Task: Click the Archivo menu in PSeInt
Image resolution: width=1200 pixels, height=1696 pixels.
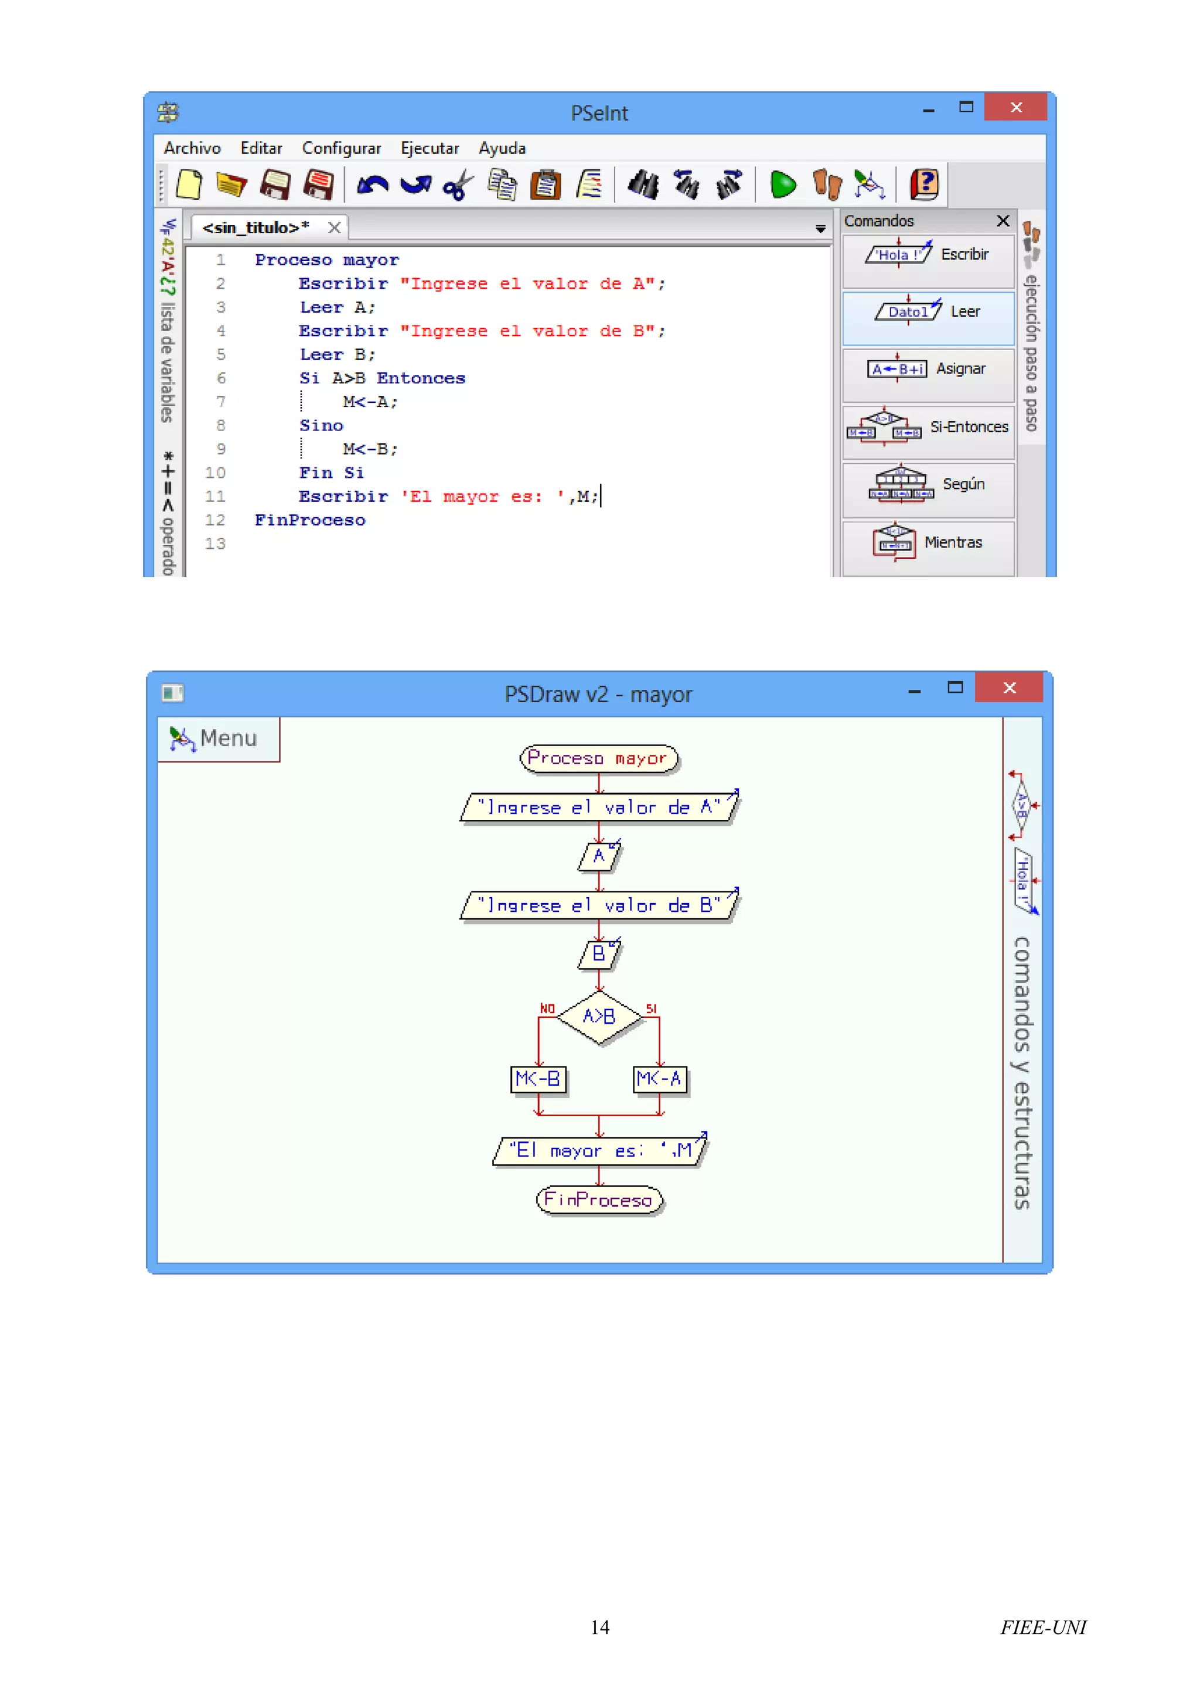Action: tap(192, 149)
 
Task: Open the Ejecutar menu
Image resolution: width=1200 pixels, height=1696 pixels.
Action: tap(429, 149)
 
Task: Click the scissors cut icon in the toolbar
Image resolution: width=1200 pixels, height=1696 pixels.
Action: tap(458, 184)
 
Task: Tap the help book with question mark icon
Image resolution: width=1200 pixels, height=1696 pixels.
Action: tap(923, 184)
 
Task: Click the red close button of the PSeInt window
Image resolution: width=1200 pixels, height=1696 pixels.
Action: tap(1015, 108)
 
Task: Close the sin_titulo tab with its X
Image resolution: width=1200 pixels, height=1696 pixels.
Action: tap(335, 227)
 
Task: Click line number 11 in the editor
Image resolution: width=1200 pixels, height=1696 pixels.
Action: tap(215, 497)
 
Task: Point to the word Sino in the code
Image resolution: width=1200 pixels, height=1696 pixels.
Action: tap(321, 426)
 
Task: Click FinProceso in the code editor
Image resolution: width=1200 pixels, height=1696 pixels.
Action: tap(309, 520)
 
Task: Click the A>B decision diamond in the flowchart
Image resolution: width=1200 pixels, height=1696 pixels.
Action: tap(598, 1017)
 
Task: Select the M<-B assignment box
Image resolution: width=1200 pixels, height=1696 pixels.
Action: tap(538, 1079)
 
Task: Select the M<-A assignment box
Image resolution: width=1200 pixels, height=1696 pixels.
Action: tap(659, 1079)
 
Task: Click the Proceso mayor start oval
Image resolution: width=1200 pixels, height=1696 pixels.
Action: tap(598, 758)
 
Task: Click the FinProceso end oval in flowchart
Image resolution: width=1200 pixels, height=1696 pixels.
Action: tap(598, 1199)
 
